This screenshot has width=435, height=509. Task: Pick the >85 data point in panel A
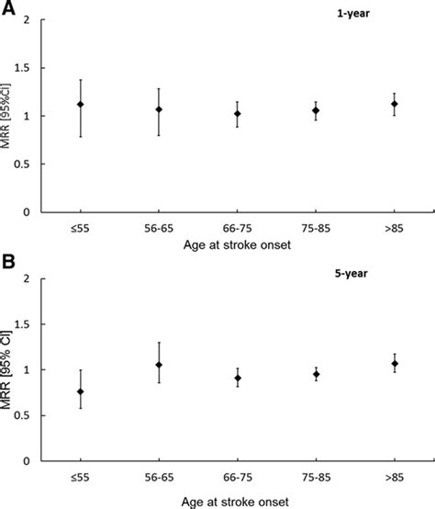[394, 104]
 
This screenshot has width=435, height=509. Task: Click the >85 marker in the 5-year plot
[394, 364]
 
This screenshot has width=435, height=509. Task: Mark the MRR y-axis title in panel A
[12, 116]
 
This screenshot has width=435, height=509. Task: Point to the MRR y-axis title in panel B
[12, 369]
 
